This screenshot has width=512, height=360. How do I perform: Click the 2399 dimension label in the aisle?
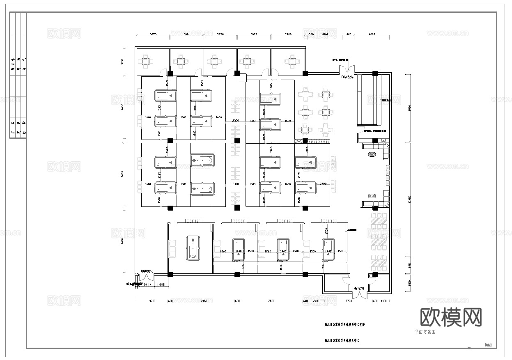(x=235, y=121)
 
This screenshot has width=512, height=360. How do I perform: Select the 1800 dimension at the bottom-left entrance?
(x=147, y=284)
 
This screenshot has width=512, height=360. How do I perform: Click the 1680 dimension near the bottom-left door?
(x=161, y=284)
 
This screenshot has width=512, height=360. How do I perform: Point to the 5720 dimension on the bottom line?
(x=349, y=301)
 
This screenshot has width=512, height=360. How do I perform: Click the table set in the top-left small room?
(x=147, y=62)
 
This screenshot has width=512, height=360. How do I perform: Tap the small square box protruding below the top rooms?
(x=241, y=77)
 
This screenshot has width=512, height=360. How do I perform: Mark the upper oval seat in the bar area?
(x=372, y=155)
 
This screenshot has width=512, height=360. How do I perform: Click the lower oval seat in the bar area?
(x=372, y=196)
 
